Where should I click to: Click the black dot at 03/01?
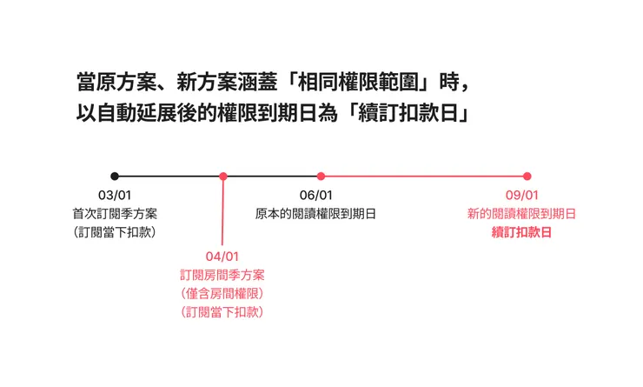[x=115, y=177]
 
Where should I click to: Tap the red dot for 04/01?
[x=223, y=177]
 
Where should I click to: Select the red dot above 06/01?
[x=321, y=177]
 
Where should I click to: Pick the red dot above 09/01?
[x=527, y=177]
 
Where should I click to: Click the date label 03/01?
[x=115, y=196]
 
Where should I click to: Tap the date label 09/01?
[x=522, y=196]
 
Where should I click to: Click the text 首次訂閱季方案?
[x=115, y=214]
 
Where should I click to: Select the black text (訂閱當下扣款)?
[x=115, y=232]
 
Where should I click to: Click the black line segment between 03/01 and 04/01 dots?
[x=169, y=177]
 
